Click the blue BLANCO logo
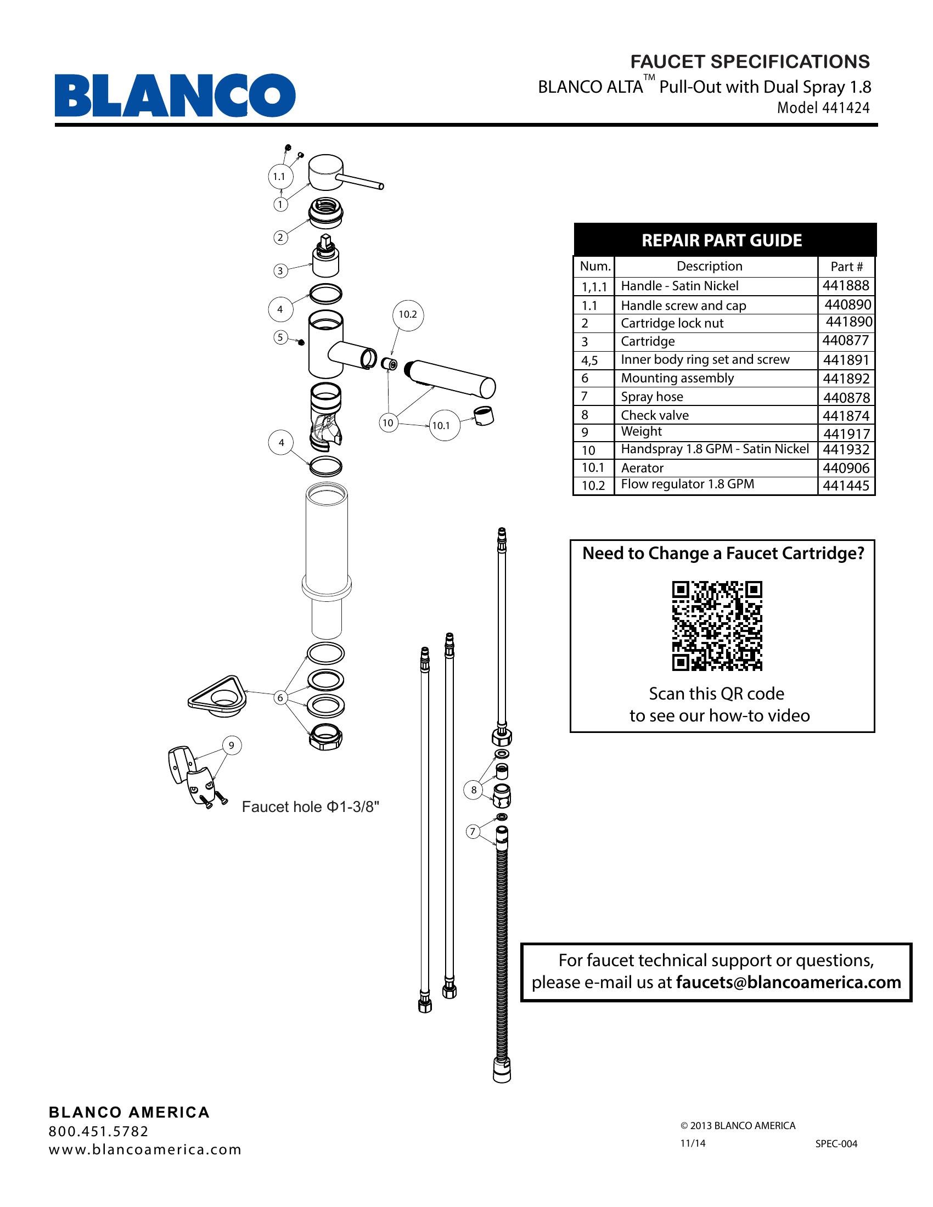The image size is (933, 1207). (175, 95)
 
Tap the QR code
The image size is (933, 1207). (717, 625)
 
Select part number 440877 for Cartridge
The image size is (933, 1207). (846, 341)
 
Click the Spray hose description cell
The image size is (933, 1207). (651, 397)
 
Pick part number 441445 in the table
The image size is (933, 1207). (846, 486)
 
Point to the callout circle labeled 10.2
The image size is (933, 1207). (407, 314)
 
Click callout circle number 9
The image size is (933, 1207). (232, 746)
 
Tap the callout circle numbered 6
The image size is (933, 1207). (280, 698)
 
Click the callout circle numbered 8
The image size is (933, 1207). (473, 790)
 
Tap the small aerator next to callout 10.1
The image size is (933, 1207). (484, 414)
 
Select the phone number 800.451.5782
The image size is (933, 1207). (98, 1131)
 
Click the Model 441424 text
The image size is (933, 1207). (823, 108)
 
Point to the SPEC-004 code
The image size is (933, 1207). (836, 1144)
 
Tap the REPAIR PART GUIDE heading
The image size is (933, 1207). (721, 240)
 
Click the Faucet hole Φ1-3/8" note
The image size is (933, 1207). (310, 808)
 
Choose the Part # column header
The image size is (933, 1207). (846, 267)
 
